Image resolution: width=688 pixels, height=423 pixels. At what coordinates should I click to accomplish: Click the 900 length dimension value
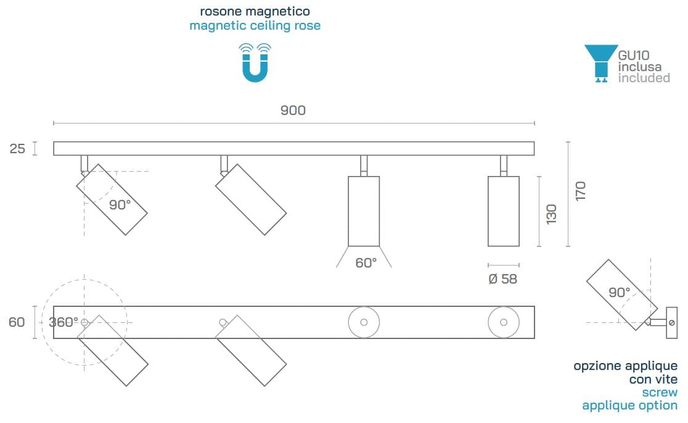point(293,111)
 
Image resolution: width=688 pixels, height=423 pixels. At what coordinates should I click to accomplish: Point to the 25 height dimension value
point(17,149)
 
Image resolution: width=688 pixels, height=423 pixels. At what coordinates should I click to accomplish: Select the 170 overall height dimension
point(580,191)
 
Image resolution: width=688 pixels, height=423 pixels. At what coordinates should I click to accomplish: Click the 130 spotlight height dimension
point(551,214)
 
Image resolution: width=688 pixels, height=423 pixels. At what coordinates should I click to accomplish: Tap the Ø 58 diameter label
point(502,279)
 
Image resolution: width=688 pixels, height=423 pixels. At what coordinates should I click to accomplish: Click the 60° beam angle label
point(366,262)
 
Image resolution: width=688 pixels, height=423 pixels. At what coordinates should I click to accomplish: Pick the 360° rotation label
point(63,322)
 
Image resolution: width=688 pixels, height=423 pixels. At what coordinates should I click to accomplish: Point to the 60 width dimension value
point(17,322)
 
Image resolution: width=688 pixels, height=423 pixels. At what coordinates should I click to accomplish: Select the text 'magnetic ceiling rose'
point(255,26)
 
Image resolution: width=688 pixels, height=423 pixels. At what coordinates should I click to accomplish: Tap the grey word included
point(644,78)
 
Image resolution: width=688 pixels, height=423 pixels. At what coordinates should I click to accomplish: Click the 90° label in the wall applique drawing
point(619,292)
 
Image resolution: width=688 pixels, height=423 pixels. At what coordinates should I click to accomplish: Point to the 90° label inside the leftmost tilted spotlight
point(120,205)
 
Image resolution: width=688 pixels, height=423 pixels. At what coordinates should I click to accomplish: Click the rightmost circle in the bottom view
point(503,322)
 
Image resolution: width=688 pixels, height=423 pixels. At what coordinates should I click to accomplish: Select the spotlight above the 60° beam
point(364,211)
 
